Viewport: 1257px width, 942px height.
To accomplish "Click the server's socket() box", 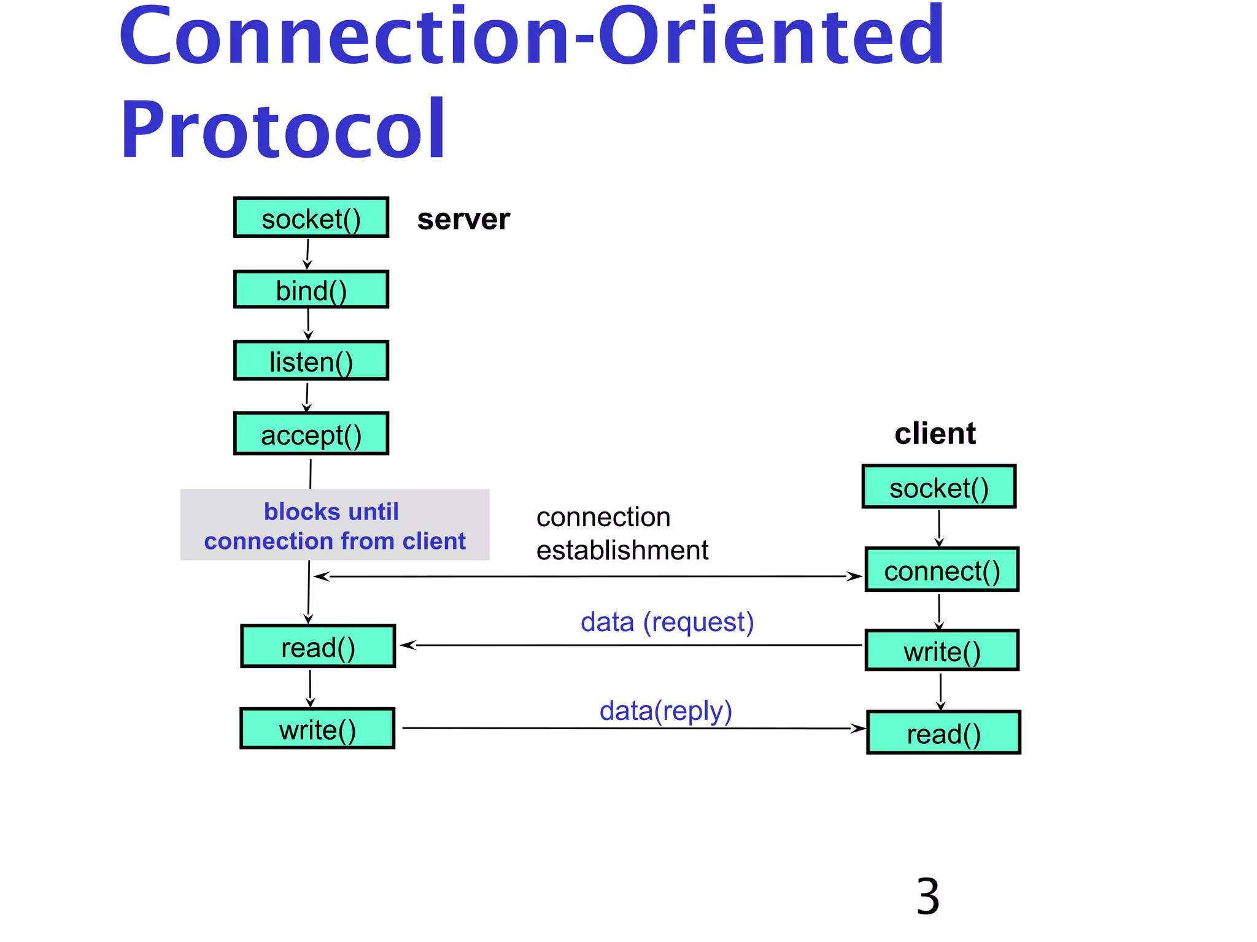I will pos(311,218).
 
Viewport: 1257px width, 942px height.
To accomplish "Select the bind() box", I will pos(311,289).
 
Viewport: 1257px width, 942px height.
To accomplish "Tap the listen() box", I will pos(311,361).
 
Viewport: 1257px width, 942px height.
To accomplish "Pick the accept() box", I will pos(311,434).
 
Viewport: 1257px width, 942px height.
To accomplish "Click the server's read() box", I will pos(318,646).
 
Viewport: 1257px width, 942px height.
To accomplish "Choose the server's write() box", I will pos(317,729).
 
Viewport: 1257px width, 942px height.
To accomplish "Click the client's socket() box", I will pos(939,487).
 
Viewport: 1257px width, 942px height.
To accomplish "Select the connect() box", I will pos(942,570).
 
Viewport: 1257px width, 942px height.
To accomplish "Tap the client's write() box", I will pos(942,650).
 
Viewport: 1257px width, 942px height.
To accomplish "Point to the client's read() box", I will pos(943,732).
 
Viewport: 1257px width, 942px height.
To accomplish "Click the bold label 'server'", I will pos(463,220).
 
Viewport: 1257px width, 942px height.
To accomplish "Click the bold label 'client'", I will pos(935,434).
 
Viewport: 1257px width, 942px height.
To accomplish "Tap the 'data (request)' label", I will pos(667,622).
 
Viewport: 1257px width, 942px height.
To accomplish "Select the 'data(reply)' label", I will pos(666,711).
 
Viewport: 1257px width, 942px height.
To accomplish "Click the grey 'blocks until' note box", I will pos(335,525).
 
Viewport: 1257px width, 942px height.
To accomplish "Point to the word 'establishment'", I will pos(622,550).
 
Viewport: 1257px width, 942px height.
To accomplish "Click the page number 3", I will pos(927,897).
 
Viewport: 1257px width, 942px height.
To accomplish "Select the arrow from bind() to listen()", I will pos(308,324).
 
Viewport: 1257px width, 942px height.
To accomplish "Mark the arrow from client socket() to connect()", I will pos(939,527).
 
